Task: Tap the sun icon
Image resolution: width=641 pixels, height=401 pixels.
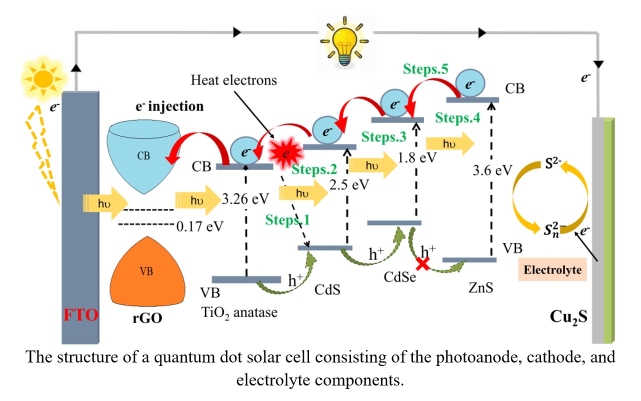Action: (43, 78)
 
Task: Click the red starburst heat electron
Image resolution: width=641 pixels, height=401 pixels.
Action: (284, 153)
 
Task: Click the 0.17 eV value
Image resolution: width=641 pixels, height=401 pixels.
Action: (199, 226)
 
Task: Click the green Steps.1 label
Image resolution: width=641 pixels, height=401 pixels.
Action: (288, 219)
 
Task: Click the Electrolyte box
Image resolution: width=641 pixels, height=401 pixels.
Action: (552, 270)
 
